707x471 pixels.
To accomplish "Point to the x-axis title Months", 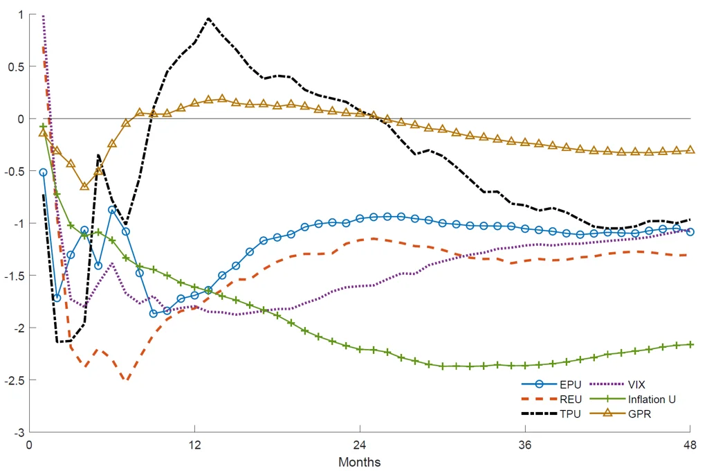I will point(359,461).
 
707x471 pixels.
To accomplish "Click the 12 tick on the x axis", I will point(194,445).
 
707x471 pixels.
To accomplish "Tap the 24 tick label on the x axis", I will point(360,445).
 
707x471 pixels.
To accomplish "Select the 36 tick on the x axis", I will point(525,445).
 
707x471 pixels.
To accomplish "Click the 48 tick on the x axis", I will point(690,445).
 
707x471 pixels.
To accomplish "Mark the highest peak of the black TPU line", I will point(208,19).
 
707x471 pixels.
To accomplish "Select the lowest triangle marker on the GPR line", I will point(84,186).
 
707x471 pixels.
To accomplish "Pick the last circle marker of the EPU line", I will point(690,232).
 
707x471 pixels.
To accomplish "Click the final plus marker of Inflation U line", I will point(690,344).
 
